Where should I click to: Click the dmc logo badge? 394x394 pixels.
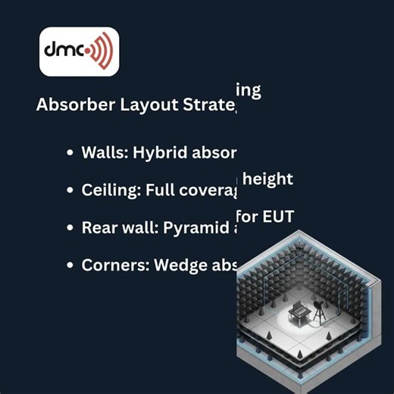79,52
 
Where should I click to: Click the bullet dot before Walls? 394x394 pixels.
70,152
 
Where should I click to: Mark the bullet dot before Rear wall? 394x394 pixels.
70,227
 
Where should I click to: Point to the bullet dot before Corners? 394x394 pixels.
70,265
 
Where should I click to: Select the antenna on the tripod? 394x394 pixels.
324,309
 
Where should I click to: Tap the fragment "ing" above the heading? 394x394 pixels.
249,91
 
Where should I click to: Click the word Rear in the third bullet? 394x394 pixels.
98,227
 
